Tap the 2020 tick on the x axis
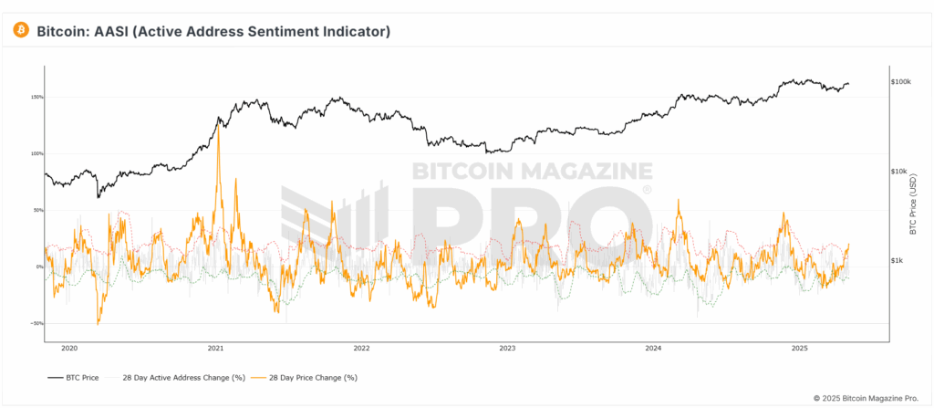coord(69,348)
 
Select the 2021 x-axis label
coord(216,348)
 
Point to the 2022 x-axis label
coord(361,348)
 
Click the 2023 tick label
coord(507,348)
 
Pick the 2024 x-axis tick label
coord(653,348)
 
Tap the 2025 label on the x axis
coord(799,348)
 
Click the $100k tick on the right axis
coord(901,82)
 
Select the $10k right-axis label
coord(900,172)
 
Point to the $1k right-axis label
coord(898,261)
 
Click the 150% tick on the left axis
coord(37,97)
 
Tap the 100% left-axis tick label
coord(37,153)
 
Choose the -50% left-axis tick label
coord(37,323)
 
